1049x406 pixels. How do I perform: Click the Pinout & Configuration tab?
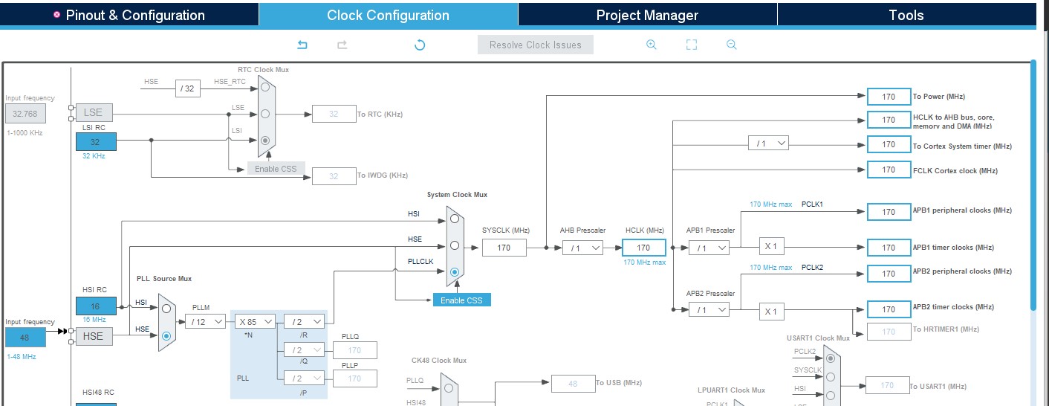tap(129, 15)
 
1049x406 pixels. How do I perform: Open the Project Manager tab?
tap(647, 15)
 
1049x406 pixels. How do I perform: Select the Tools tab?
tap(906, 15)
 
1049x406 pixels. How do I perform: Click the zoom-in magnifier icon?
tap(652, 45)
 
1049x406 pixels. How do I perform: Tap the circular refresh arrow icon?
tap(420, 45)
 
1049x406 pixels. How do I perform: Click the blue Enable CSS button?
tap(461, 300)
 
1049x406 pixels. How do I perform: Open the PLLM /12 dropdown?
tap(206, 321)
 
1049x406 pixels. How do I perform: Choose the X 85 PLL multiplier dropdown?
tap(255, 321)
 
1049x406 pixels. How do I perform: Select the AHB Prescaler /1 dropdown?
tap(582, 248)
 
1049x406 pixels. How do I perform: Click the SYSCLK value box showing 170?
tap(504, 248)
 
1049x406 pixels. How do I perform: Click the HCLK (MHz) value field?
tap(643, 248)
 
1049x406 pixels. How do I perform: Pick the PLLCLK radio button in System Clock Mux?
tap(455, 271)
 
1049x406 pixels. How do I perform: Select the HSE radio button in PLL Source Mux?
tap(166, 335)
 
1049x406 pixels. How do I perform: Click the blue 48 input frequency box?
tap(25, 337)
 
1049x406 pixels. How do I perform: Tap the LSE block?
tap(94, 112)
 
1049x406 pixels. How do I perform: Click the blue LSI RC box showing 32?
tap(96, 141)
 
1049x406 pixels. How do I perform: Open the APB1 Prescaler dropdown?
tap(708, 248)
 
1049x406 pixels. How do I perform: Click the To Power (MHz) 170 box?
tap(889, 96)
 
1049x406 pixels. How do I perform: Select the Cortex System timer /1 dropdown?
tap(768, 144)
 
